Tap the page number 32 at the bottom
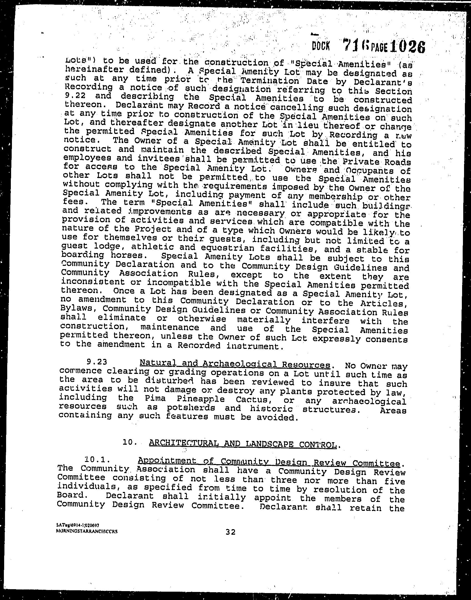coord(230,532)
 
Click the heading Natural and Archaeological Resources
coord(235,364)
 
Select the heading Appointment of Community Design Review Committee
coord(269,462)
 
